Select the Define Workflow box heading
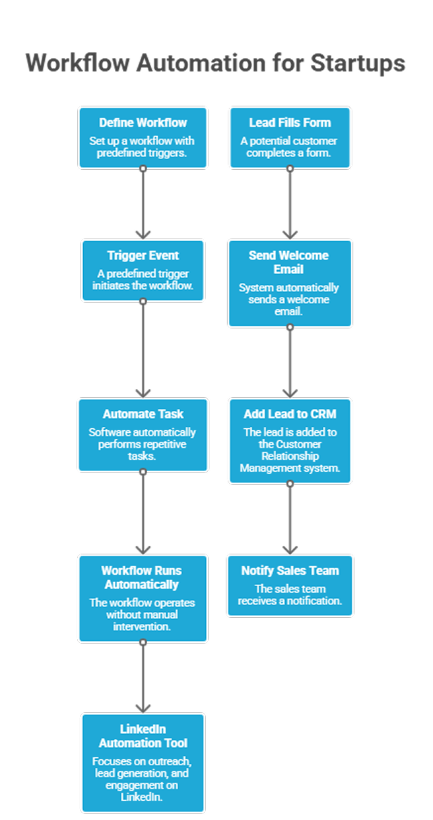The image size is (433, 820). click(x=143, y=122)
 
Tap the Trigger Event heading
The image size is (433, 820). click(x=143, y=255)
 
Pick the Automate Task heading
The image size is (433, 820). click(x=143, y=414)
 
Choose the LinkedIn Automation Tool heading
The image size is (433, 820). click(x=143, y=736)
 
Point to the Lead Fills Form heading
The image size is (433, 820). click(x=290, y=122)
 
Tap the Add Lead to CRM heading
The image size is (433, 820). click(x=289, y=414)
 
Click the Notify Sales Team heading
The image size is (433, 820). click(x=290, y=570)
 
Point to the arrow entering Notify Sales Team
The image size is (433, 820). click(x=290, y=519)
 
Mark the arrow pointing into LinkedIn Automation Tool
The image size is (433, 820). click(x=143, y=678)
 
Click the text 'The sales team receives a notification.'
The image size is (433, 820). click(x=290, y=595)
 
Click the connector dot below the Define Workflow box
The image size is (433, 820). click(x=143, y=168)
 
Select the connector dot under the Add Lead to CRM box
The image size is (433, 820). click(x=290, y=484)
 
